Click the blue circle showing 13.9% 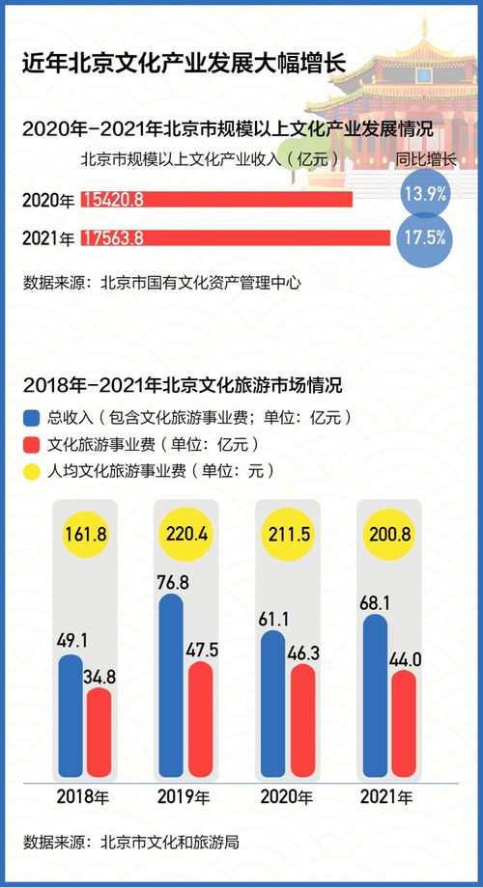click(424, 194)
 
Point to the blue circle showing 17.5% click(424, 237)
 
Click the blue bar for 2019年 click(171, 685)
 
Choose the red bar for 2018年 click(99, 733)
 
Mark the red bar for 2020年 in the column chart click(302, 720)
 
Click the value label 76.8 click(171, 581)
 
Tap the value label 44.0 click(404, 658)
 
